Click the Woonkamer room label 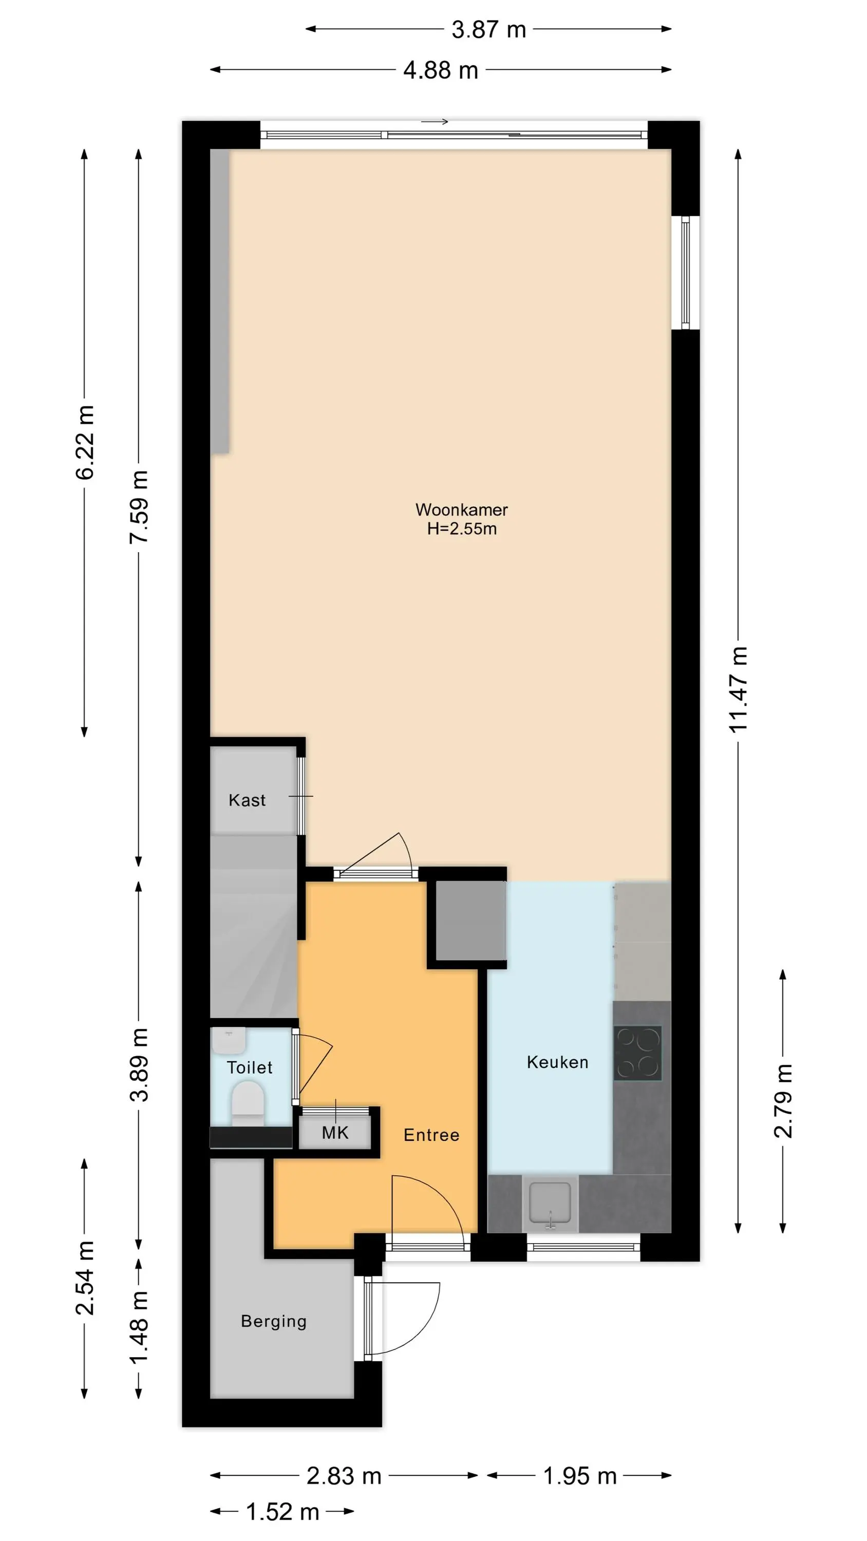pos(461,510)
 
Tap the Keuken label pos(557,1062)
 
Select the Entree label pos(431,1135)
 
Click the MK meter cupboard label pos(335,1133)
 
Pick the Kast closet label pos(247,800)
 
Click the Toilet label pos(250,1067)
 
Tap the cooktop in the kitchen pos(638,1053)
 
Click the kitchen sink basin pos(550,1202)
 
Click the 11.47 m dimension pos(739,689)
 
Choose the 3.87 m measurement pos(488,29)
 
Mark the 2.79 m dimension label pos(784,1101)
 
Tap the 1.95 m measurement pos(579,1476)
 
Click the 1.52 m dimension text pos(282,1512)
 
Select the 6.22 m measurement pos(85,443)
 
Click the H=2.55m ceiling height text pos(461,529)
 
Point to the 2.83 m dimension pos(344,1476)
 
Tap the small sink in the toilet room pos(229,1040)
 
